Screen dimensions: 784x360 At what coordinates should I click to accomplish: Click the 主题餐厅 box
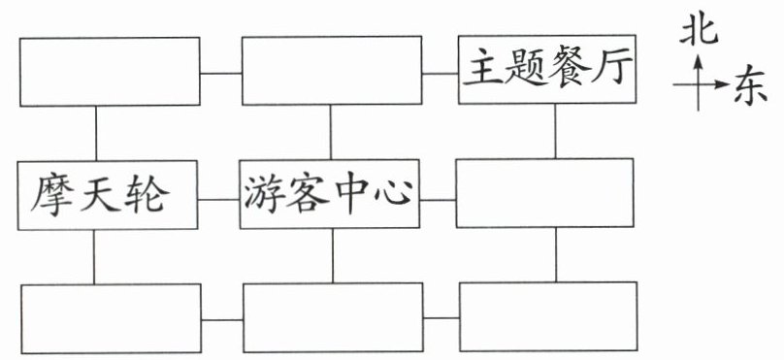[x=547, y=70]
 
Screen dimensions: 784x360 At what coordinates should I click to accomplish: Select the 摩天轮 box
[x=108, y=195]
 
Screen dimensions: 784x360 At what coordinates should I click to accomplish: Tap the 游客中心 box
[x=330, y=194]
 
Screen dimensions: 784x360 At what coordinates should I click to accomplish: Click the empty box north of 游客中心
[x=332, y=71]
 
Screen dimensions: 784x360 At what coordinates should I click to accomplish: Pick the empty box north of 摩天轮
[x=110, y=72]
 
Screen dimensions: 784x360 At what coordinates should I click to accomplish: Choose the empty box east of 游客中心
[x=545, y=193]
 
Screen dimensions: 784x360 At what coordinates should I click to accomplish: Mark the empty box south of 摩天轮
[x=111, y=318]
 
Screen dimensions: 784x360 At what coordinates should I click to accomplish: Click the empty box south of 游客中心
[x=333, y=317]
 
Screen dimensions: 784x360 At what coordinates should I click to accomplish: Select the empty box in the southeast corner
[x=548, y=316]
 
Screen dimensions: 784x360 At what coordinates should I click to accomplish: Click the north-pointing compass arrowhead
[x=699, y=61]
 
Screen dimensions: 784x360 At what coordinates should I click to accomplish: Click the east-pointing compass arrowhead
[x=722, y=84]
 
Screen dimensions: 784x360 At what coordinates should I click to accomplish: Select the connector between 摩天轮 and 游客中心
[x=218, y=200]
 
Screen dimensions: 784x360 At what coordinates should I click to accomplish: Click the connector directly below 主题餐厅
[x=555, y=131]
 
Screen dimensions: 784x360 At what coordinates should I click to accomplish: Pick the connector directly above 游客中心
[x=331, y=133]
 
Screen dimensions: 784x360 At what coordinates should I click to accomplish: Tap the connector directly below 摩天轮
[x=93, y=257]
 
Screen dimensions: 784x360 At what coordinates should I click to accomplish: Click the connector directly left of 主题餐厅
[x=440, y=74]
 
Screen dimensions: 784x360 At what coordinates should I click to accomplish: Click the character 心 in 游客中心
[x=394, y=194]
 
